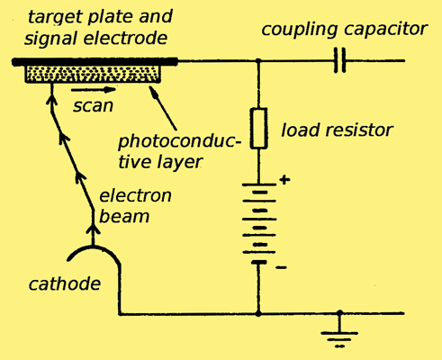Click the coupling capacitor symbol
click(x=340, y=60)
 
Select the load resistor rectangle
click(x=258, y=129)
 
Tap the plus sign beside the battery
click(x=284, y=180)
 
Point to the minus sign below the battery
click(x=281, y=267)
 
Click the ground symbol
click(x=339, y=333)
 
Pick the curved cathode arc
click(x=93, y=247)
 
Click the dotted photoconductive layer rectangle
click(x=93, y=74)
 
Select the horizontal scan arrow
click(x=94, y=89)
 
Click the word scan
click(x=93, y=106)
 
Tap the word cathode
click(x=65, y=283)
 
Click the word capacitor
click(x=386, y=31)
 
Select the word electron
click(x=135, y=196)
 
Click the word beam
click(x=124, y=216)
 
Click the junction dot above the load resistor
click(x=258, y=61)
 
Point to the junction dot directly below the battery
click(x=258, y=313)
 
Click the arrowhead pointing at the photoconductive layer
click(x=153, y=90)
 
